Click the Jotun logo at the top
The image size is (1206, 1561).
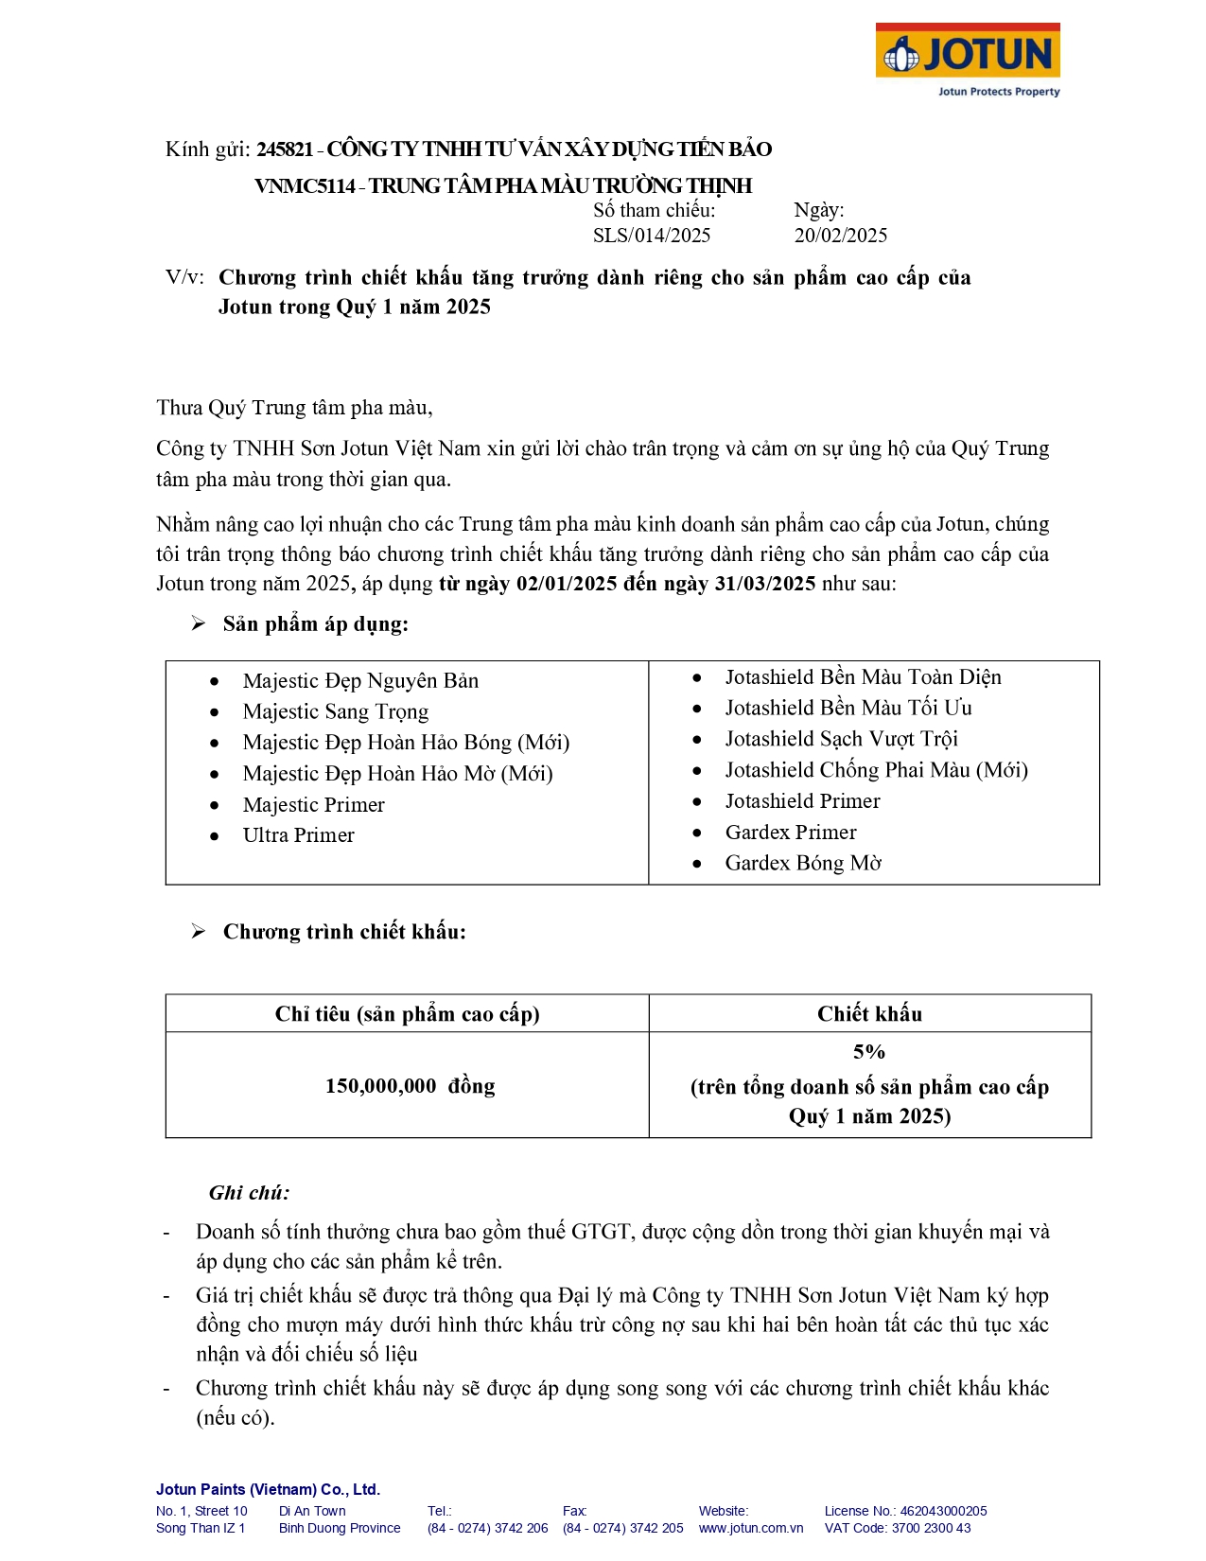pos(967,53)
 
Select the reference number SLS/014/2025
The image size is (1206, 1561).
pos(651,236)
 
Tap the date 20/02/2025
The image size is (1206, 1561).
pos(840,236)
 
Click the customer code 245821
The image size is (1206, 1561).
pos(285,149)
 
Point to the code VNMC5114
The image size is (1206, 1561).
pos(305,185)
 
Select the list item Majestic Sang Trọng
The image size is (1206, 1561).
pos(335,711)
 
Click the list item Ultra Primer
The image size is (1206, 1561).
pos(298,835)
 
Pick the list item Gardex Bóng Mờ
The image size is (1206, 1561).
pos(802,863)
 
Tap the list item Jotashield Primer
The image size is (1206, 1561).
pos(802,801)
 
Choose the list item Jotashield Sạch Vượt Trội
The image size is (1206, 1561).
pos(841,739)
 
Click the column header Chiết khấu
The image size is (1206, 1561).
pos(869,1014)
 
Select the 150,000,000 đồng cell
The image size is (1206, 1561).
pos(410,1086)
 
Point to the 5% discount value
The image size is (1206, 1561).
pos(869,1052)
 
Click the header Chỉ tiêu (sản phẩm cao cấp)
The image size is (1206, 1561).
pos(407,1014)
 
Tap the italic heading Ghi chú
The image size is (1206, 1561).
pos(249,1193)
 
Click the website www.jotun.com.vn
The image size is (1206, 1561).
pos(750,1528)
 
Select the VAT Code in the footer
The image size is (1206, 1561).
pos(897,1528)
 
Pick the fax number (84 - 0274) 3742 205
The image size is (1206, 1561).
pos(622,1528)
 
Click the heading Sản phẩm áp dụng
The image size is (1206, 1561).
pos(315,624)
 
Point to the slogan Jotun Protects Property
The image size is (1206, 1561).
pos(998,92)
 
